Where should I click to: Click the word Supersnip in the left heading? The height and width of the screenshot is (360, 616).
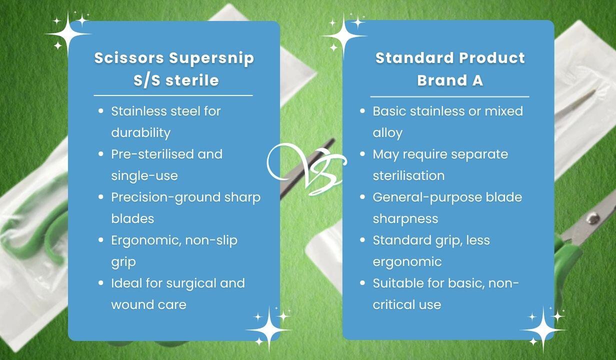coord(211,58)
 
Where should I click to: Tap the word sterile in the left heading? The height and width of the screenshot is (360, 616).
coord(192,80)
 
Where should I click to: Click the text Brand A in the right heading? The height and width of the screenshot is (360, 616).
coord(450,80)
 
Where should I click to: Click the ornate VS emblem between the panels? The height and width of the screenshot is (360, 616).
coord(307,168)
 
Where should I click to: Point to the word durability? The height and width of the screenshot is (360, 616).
coord(141,133)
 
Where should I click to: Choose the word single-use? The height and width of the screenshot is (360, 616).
coord(144,176)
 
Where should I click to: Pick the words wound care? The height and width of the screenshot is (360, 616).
coord(149,304)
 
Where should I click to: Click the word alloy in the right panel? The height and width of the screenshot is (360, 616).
coord(387,133)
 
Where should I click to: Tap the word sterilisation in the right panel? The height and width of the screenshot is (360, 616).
coord(408,175)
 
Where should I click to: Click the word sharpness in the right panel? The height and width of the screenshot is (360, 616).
coord(405,219)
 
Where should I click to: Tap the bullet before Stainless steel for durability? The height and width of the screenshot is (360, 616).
coord(101,111)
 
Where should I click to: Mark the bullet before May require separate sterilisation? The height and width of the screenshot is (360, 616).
coord(362,154)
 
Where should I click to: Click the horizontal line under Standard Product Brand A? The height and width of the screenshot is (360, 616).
coord(449,97)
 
